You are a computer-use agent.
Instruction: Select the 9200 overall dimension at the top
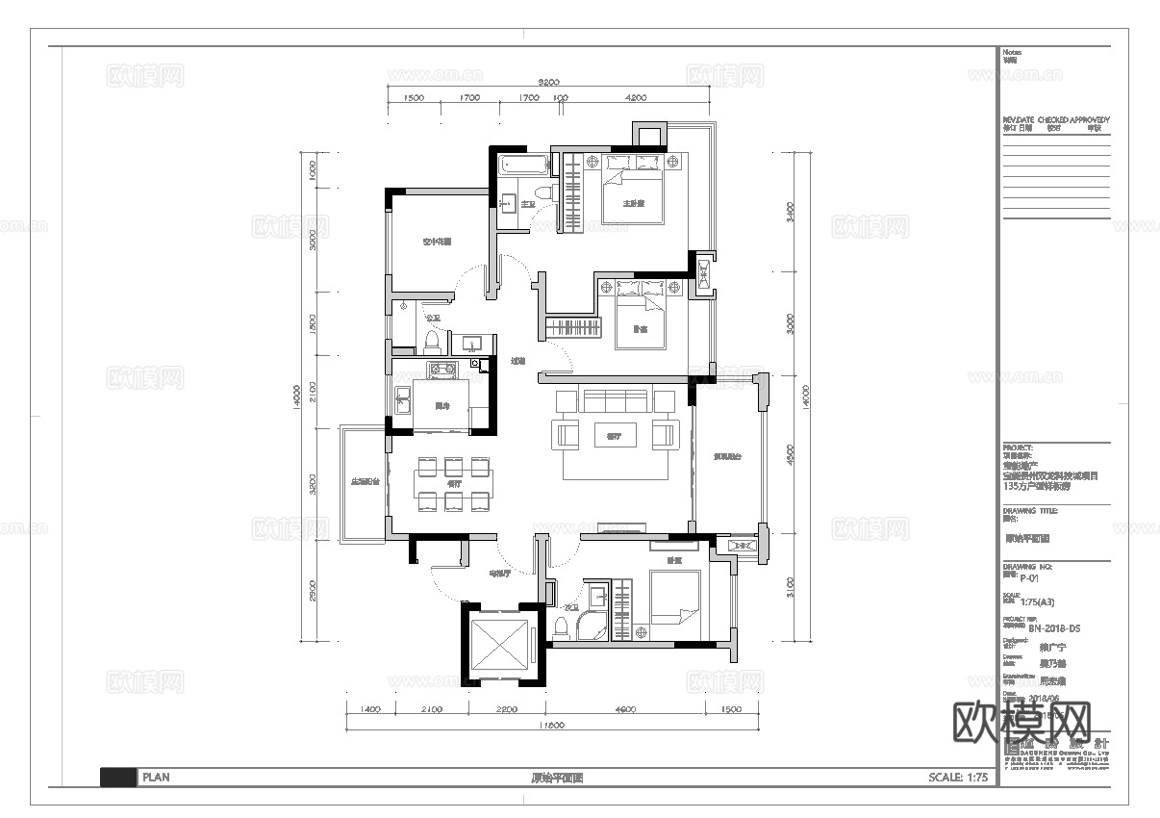pos(549,83)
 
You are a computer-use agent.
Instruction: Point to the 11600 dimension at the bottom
pos(551,726)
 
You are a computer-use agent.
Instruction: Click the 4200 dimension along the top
pos(635,98)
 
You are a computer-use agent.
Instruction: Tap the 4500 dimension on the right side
pos(790,453)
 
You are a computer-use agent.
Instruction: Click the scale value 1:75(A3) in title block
pos(1037,602)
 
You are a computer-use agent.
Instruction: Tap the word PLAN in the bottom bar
pos(156,778)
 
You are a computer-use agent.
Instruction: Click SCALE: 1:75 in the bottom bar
pos(958,778)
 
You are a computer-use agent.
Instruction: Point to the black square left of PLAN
pos(117,778)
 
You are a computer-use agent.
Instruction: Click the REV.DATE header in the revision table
pos(1018,120)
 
